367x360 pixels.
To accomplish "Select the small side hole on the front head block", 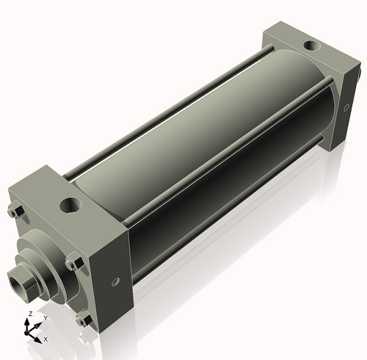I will click(x=115, y=282).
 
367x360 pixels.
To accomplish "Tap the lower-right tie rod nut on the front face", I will click(x=84, y=320).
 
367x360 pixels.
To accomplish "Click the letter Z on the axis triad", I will click(x=29, y=314).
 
